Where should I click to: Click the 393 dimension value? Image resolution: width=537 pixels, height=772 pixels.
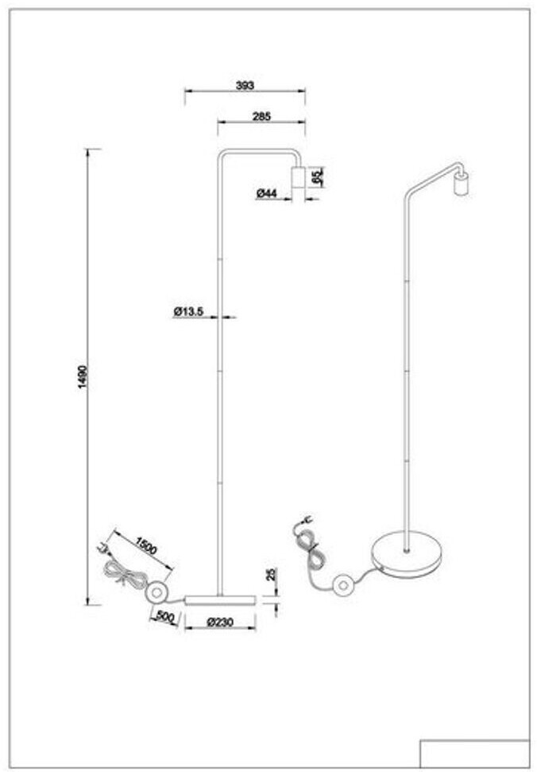pyautogui.click(x=245, y=84)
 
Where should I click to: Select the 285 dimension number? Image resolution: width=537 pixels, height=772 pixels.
pyautogui.click(x=261, y=116)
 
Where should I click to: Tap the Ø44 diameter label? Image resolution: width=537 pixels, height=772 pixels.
pyautogui.click(x=266, y=193)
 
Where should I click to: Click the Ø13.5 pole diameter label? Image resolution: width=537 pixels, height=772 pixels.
pyautogui.click(x=190, y=312)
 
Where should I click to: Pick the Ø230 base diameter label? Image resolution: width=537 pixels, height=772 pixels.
pyautogui.click(x=219, y=622)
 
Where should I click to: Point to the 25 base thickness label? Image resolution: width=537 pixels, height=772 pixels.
pyautogui.click(x=270, y=575)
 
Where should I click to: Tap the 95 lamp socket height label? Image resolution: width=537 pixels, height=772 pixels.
pyautogui.click(x=316, y=177)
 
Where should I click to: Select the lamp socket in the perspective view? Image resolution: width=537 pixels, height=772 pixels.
pyautogui.click(x=459, y=184)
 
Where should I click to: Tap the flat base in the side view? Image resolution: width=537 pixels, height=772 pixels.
pyautogui.click(x=219, y=598)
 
